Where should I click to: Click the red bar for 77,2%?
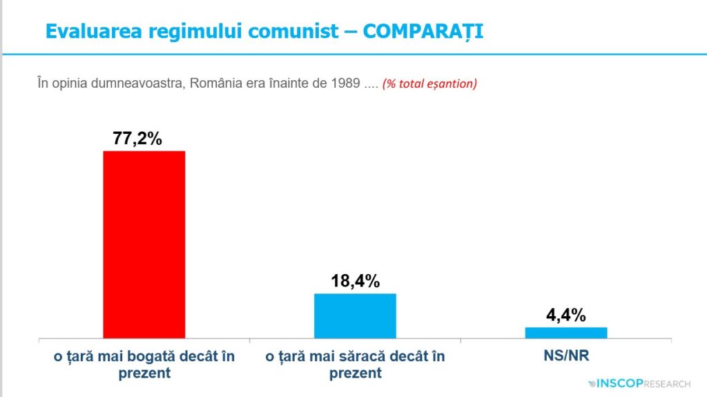pyautogui.click(x=144, y=244)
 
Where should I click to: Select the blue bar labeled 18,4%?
pyautogui.click(x=356, y=316)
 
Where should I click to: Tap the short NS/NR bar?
pyautogui.click(x=566, y=333)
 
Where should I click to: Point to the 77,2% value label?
pyautogui.click(x=137, y=139)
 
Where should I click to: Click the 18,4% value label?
pyautogui.click(x=356, y=281)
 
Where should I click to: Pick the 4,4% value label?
pyautogui.click(x=566, y=315)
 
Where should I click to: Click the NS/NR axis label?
pyautogui.click(x=566, y=356)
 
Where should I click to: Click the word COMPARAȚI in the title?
pyautogui.click(x=423, y=31)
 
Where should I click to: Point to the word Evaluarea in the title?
pyautogui.click(x=94, y=31)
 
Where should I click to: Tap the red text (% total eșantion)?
pyautogui.click(x=429, y=84)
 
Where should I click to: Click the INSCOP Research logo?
pyautogui.click(x=639, y=383)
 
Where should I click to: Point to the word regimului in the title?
pyautogui.click(x=195, y=31)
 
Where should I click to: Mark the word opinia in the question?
pyautogui.click(x=69, y=84)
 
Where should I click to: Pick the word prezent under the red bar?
pyautogui.click(x=144, y=373)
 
